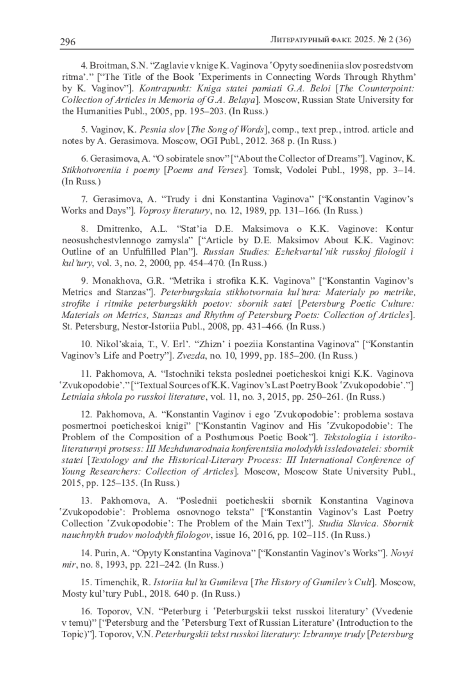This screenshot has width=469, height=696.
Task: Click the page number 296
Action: click(68, 42)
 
